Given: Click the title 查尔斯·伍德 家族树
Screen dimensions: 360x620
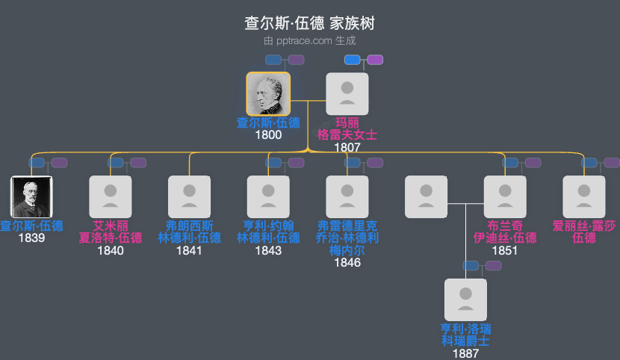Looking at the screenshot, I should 309,23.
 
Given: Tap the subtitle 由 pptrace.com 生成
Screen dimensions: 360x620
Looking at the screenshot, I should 309,41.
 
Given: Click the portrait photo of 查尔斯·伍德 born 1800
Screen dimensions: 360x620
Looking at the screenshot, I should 268,94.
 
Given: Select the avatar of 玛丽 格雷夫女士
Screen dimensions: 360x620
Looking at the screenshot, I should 347,94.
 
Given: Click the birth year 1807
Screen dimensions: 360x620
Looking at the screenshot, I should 347,147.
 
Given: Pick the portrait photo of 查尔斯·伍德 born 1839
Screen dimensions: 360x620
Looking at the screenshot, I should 31,197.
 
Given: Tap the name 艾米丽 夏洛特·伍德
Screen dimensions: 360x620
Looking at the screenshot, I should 111,232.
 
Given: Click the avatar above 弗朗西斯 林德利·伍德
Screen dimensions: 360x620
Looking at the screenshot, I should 189,197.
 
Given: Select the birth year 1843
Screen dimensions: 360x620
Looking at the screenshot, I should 268,250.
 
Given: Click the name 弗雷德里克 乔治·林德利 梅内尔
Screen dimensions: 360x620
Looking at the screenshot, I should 347,238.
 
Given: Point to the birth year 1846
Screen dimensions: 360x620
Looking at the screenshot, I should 347,262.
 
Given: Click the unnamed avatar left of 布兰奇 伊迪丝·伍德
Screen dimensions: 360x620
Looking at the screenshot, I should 426,197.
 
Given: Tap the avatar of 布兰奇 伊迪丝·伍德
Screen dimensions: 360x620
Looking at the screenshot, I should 505,197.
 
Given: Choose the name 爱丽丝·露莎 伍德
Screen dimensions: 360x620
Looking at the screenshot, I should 584,232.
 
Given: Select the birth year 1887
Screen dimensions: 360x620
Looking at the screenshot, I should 465,353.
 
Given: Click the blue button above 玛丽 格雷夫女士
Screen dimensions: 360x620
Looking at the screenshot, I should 352,60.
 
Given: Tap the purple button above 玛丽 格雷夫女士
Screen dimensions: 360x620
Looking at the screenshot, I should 375,60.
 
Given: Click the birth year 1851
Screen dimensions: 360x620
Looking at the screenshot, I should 505,250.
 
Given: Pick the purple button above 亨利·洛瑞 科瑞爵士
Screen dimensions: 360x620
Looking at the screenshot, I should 493,266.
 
